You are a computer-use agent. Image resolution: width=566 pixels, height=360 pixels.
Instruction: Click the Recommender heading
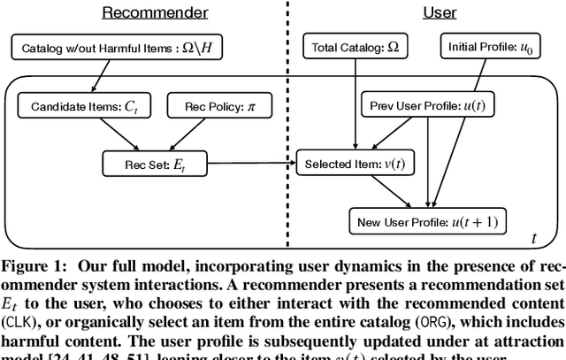tap(155, 12)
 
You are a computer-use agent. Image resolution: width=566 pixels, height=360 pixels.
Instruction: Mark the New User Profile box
tap(428, 221)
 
